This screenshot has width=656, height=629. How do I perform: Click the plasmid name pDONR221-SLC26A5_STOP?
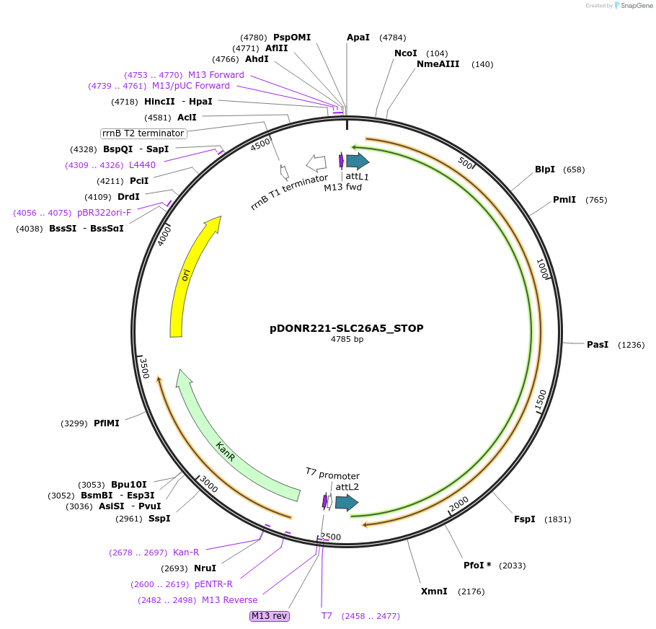pos(346,328)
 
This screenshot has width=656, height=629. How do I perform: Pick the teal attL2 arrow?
pos(346,503)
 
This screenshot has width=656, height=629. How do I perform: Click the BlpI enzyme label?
pos(544,170)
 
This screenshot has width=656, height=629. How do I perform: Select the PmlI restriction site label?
pos(564,200)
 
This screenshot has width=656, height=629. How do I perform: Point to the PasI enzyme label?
pos(598,345)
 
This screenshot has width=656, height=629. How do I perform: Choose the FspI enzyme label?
pos(524,519)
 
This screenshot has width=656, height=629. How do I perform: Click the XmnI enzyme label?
pos(434,591)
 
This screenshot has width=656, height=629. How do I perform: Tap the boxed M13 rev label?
pos(269,616)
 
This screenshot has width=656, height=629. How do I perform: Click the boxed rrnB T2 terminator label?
pos(143,133)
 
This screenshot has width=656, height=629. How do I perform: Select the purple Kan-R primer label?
pos(185,553)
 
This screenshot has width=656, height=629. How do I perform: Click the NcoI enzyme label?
pos(405,53)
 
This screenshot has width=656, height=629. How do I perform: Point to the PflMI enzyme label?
pos(106,423)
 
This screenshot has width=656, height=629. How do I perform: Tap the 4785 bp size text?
pos(347,339)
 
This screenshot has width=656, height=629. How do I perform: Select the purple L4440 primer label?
pos(142,165)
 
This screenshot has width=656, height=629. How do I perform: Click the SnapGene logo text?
pos(633,5)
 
